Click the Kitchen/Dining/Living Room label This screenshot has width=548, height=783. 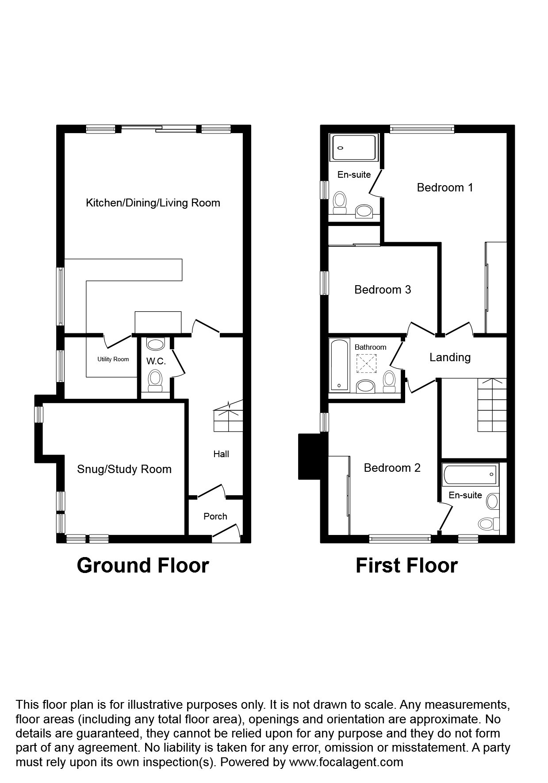point(153,203)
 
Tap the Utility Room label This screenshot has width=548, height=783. point(113,359)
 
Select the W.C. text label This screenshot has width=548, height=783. point(156,361)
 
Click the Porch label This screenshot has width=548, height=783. point(215,516)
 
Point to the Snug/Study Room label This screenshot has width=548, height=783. point(124,469)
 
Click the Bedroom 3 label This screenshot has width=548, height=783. point(383,290)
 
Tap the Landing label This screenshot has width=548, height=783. point(450,357)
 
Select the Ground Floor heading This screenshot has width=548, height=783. point(143,565)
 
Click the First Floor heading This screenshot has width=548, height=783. point(406,565)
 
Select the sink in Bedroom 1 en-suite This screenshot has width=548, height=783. point(364,211)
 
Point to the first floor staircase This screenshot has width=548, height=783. point(492,405)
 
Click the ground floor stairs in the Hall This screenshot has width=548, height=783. point(228,417)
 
